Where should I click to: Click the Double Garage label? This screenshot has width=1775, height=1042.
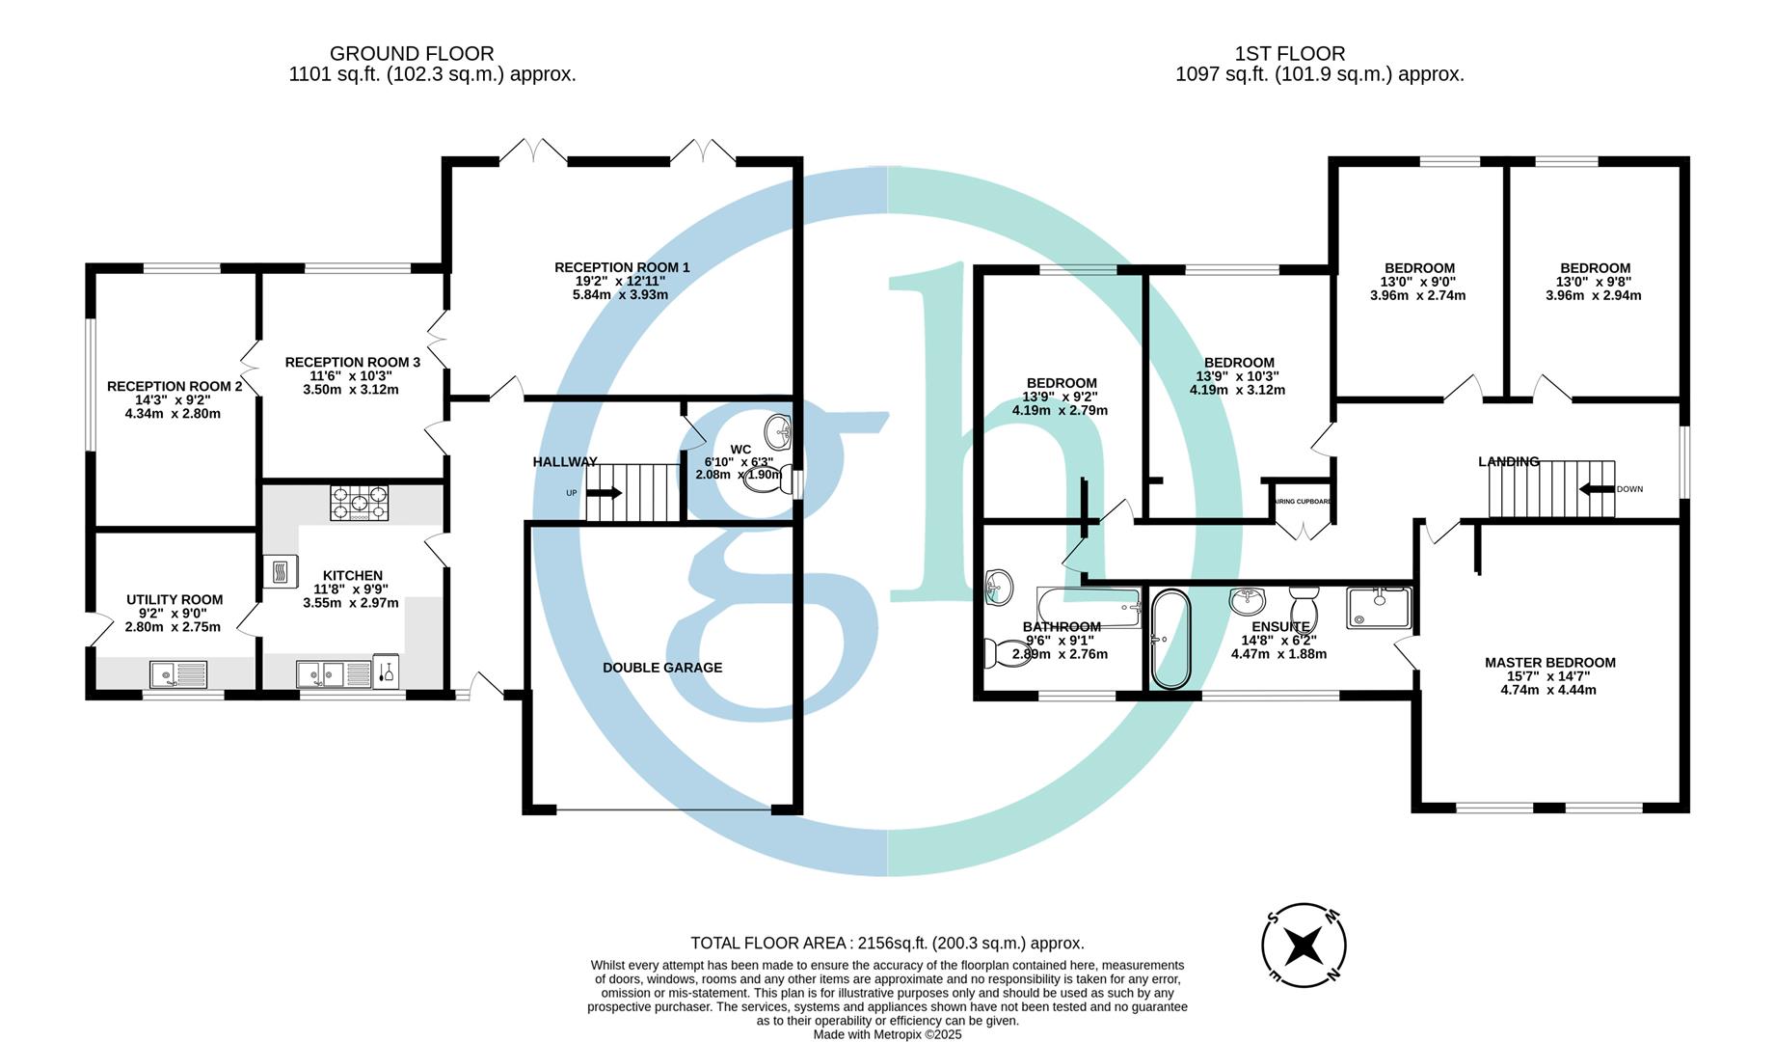click(662, 668)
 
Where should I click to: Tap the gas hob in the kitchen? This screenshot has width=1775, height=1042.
click(359, 503)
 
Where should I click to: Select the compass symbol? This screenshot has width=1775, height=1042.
click(1304, 946)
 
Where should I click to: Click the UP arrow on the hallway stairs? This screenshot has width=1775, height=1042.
click(605, 493)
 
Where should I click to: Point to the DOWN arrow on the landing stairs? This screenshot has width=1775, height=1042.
click(1597, 489)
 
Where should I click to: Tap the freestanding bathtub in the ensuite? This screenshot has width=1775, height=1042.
click(1171, 639)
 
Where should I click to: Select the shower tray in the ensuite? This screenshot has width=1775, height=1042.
click(1380, 607)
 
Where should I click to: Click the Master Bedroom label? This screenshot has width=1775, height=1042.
click(1549, 663)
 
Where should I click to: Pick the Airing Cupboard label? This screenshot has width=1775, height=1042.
click(1304, 502)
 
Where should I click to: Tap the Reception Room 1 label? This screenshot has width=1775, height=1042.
click(622, 267)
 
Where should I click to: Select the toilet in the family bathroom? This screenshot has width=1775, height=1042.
click(996, 654)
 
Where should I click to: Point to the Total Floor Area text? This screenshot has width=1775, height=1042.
click(887, 944)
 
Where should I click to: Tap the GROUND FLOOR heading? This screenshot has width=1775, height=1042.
click(412, 54)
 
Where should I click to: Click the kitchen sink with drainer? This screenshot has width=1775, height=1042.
click(334, 673)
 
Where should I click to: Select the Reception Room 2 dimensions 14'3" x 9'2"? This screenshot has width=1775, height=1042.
click(173, 399)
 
